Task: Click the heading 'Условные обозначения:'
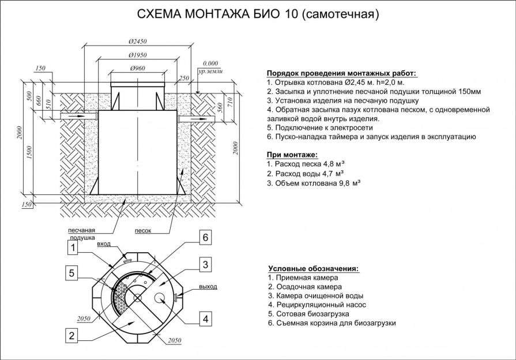(313, 268)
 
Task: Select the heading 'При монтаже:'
(292, 155)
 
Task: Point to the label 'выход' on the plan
(208, 287)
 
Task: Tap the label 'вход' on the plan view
(104, 245)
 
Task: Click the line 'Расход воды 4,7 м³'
(305, 174)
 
